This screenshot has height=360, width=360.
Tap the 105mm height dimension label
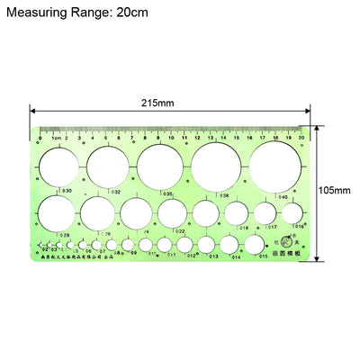click(x=337, y=191)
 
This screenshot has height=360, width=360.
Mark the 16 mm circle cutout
click(x=292, y=213)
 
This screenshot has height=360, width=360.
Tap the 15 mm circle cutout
click(x=255, y=244)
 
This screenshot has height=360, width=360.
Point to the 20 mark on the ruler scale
click(x=301, y=139)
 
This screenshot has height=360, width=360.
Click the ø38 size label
click(x=222, y=195)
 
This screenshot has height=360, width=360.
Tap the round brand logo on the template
click(x=287, y=239)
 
